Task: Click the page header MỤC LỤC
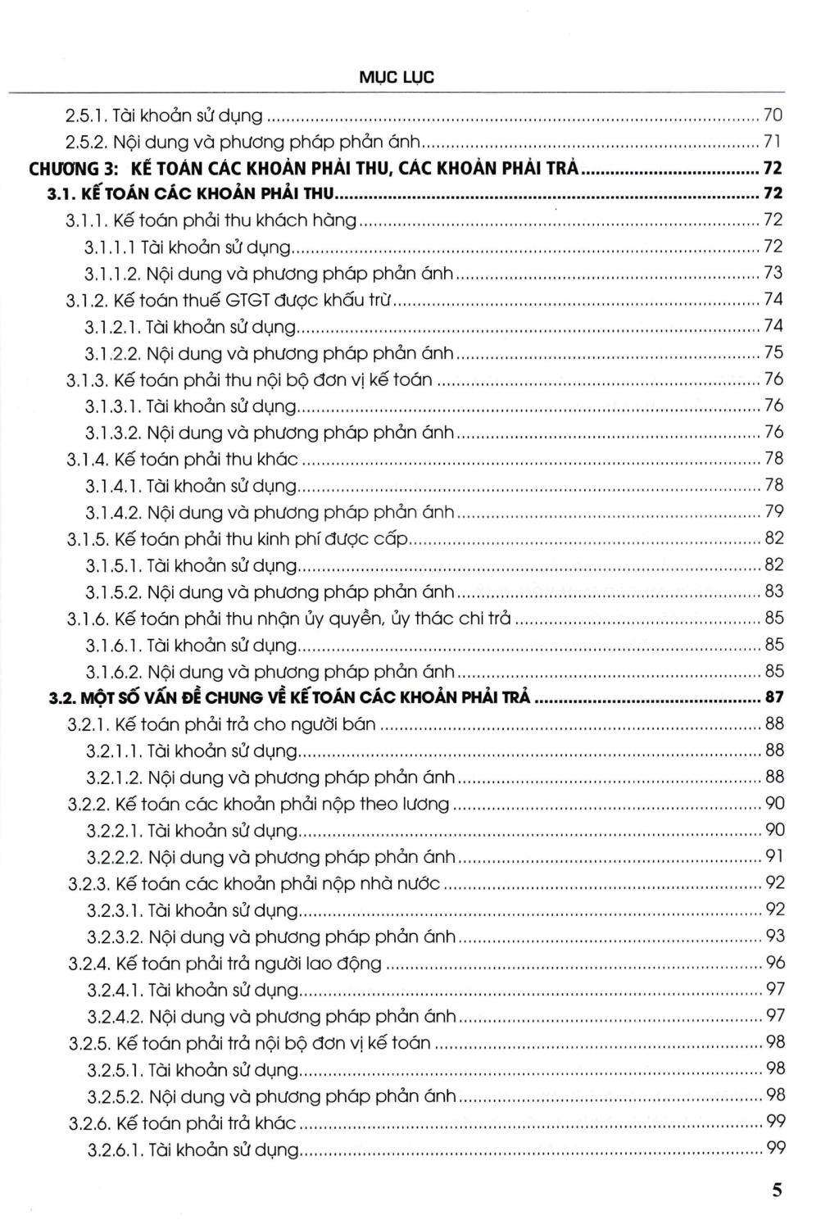tap(397, 78)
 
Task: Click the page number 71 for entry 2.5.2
tap(773, 141)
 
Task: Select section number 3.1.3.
tap(87, 379)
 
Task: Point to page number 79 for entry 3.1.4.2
tap(773, 512)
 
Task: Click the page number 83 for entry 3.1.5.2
tap(773, 592)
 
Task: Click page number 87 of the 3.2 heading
tap(773, 698)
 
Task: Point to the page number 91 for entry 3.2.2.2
tap(773, 857)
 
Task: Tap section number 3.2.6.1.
tap(114, 1150)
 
